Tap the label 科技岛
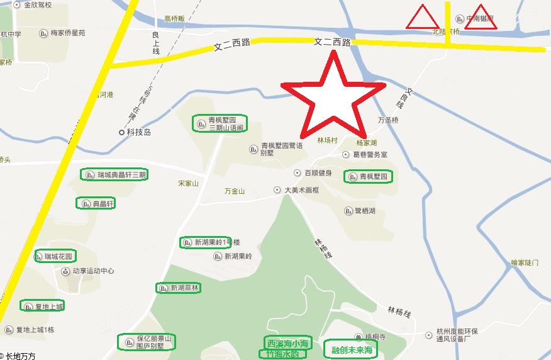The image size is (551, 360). tap(138, 132)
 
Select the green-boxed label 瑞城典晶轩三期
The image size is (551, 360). tap(114, 174)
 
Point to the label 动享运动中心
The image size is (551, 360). tap(92, 271)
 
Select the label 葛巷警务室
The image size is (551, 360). tap(370, 154)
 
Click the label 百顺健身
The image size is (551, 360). tap(318, 172)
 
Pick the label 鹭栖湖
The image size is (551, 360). tap(364, 211)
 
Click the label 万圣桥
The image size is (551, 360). tap(388, 120)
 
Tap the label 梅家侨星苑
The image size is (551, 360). tap(67, 33)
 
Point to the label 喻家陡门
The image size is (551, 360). tap(525, 262)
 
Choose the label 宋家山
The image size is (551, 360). tap(188, 183)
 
